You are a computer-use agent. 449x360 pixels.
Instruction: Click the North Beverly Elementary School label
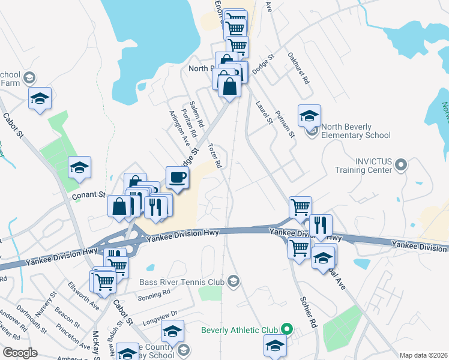[355, 131]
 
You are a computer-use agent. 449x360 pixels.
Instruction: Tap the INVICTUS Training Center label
[364, 166]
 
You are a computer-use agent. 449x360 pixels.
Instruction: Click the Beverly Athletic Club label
[240, 329]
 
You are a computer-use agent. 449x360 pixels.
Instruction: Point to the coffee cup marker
[178, 177]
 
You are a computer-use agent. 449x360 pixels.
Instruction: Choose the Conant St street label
[89, 196]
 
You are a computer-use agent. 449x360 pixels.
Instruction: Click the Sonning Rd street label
[154, 295]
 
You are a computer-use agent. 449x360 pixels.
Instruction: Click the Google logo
[20, 353]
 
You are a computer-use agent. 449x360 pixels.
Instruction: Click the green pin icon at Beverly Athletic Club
[287, 329]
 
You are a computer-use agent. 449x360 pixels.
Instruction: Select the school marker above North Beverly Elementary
[309, 115]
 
